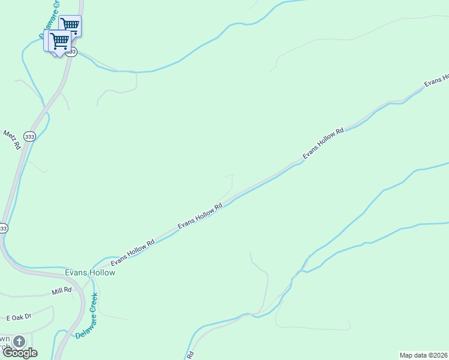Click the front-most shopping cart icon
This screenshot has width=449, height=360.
click(58, 41)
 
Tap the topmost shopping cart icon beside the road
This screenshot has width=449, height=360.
click(70, 25)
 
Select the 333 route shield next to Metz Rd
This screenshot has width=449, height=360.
click(30, 137)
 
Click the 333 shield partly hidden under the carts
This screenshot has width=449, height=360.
click(71, 52)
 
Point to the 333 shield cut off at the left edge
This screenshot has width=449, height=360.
click(3, 229)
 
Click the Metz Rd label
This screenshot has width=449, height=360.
click(11, 140)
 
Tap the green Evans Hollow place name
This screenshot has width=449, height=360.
click(90, 272)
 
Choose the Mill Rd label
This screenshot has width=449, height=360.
click(61, 290)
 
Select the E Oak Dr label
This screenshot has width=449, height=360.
click(18, 316)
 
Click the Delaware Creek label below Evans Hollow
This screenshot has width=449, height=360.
click(86, 316)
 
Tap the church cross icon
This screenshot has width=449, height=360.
click(19, 342)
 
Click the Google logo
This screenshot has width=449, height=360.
click(20, 353)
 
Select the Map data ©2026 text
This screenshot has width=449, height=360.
click(423, 355)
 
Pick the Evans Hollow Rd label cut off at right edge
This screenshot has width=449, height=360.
click(437, 81)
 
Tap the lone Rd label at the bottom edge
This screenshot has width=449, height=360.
click(191, 355)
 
